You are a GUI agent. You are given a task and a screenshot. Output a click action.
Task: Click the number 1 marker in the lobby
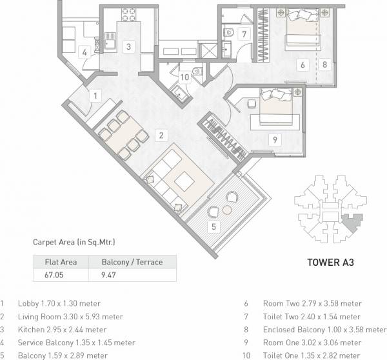coord(95,96)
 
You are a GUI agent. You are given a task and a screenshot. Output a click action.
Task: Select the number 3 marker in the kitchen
coord(128,46)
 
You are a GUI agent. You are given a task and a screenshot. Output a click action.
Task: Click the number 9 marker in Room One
coord(274,138)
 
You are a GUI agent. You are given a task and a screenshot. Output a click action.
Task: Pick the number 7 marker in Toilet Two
coord(243,34)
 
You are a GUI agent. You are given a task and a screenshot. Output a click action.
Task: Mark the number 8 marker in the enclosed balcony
coord(325,64)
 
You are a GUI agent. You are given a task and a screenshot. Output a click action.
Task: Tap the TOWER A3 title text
coord(330,263)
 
